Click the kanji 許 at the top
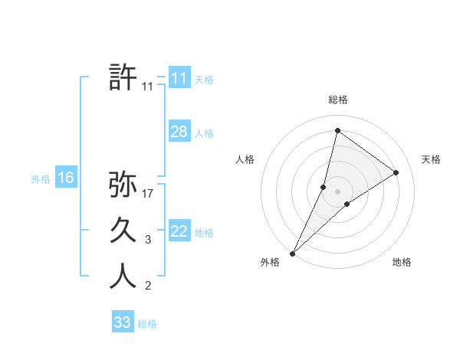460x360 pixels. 123,78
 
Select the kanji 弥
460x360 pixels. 123,185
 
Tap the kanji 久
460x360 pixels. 123,231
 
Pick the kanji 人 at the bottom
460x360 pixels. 123,276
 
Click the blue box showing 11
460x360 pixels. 179,78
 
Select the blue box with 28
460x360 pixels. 179,132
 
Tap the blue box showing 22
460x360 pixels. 179,231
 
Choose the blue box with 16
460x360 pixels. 65,178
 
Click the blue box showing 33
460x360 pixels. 122,322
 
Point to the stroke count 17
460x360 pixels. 148,194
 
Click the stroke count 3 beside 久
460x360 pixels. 148,241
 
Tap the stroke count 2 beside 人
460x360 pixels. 148,286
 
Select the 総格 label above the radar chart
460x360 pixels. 338,100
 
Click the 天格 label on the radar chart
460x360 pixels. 432,159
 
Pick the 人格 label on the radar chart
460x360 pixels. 245,159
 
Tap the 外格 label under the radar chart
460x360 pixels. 269,263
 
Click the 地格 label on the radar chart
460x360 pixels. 402,263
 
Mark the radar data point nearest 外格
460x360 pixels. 292,254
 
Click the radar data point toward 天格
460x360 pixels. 396,172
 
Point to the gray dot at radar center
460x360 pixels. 338,191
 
